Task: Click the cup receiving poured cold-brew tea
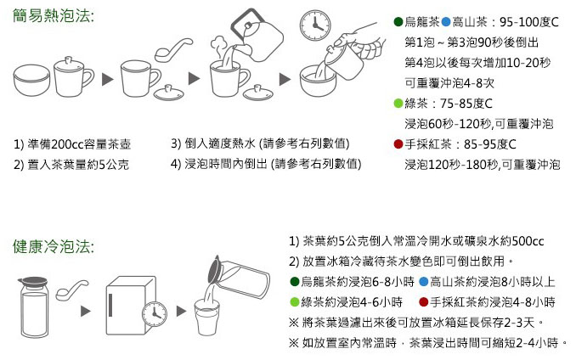click(x=208, y=320)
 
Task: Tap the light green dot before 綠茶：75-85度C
click(x=398, y=104)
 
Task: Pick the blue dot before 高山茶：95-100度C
click(x=446, y=21)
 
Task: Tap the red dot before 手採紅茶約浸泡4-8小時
click(x=422, y=301)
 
